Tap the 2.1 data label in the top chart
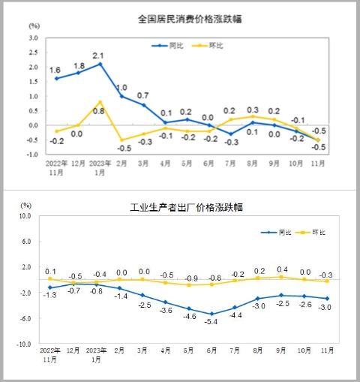point(99,55)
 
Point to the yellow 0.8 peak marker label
point(99,112)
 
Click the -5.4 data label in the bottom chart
point(211,322)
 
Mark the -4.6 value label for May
point(189,317)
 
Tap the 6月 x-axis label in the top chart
point(209,163)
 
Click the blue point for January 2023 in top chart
point(100,64)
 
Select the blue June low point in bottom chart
point(211,314)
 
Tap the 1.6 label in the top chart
point(55,70)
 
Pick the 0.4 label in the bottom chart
point(283,269)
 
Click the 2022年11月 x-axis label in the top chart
point(55,167)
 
